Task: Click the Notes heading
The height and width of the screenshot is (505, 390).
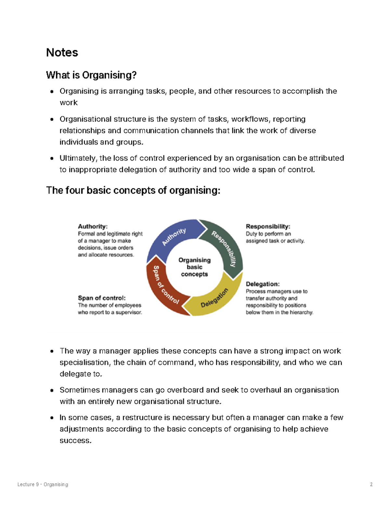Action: coord(62,53)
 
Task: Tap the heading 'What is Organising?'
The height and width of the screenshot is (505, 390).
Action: coord(91,75)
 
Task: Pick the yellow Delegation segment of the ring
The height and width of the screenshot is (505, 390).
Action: coord(214,297)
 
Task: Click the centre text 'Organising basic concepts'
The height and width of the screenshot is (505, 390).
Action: coord(194,267)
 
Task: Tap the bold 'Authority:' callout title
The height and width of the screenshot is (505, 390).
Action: coord(93,227)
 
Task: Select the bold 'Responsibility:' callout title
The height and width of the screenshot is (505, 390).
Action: coord(268,227)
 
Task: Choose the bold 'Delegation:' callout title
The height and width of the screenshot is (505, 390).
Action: coord(263,284)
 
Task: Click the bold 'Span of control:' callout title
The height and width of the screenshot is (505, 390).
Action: coord(102,298)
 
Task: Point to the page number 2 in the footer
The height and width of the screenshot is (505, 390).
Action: coord(371,485)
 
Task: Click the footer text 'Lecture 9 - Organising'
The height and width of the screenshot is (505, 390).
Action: coord(43,485)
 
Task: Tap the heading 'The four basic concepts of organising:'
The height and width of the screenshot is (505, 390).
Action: coord(133,190)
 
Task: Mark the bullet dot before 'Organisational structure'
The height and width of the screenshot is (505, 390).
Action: coord(52,119)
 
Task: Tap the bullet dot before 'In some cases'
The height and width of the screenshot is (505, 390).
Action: coord(52,418)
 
